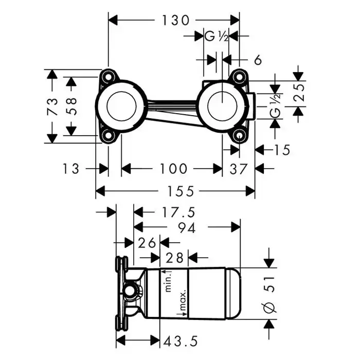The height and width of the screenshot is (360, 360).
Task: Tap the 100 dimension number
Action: pyautogui.click(x=173, y=169)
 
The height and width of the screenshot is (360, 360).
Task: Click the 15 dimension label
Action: pyautogui.click(x=282, y=150)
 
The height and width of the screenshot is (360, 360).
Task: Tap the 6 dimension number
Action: pyautogui.click(x=258, y=60)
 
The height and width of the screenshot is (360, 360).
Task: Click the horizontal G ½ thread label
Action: pyautogui.click(x=217, y=37)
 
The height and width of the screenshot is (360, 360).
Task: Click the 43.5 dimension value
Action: pyautogui.click(x=181, y=340)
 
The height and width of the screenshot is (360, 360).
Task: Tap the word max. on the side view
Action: pyautogui.click(x=183, y=302)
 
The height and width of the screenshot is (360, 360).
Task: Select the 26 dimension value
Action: pyautogui.click(x=147, y=242)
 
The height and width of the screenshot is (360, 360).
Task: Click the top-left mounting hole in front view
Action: pyautogui.click(x=109, y=77)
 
